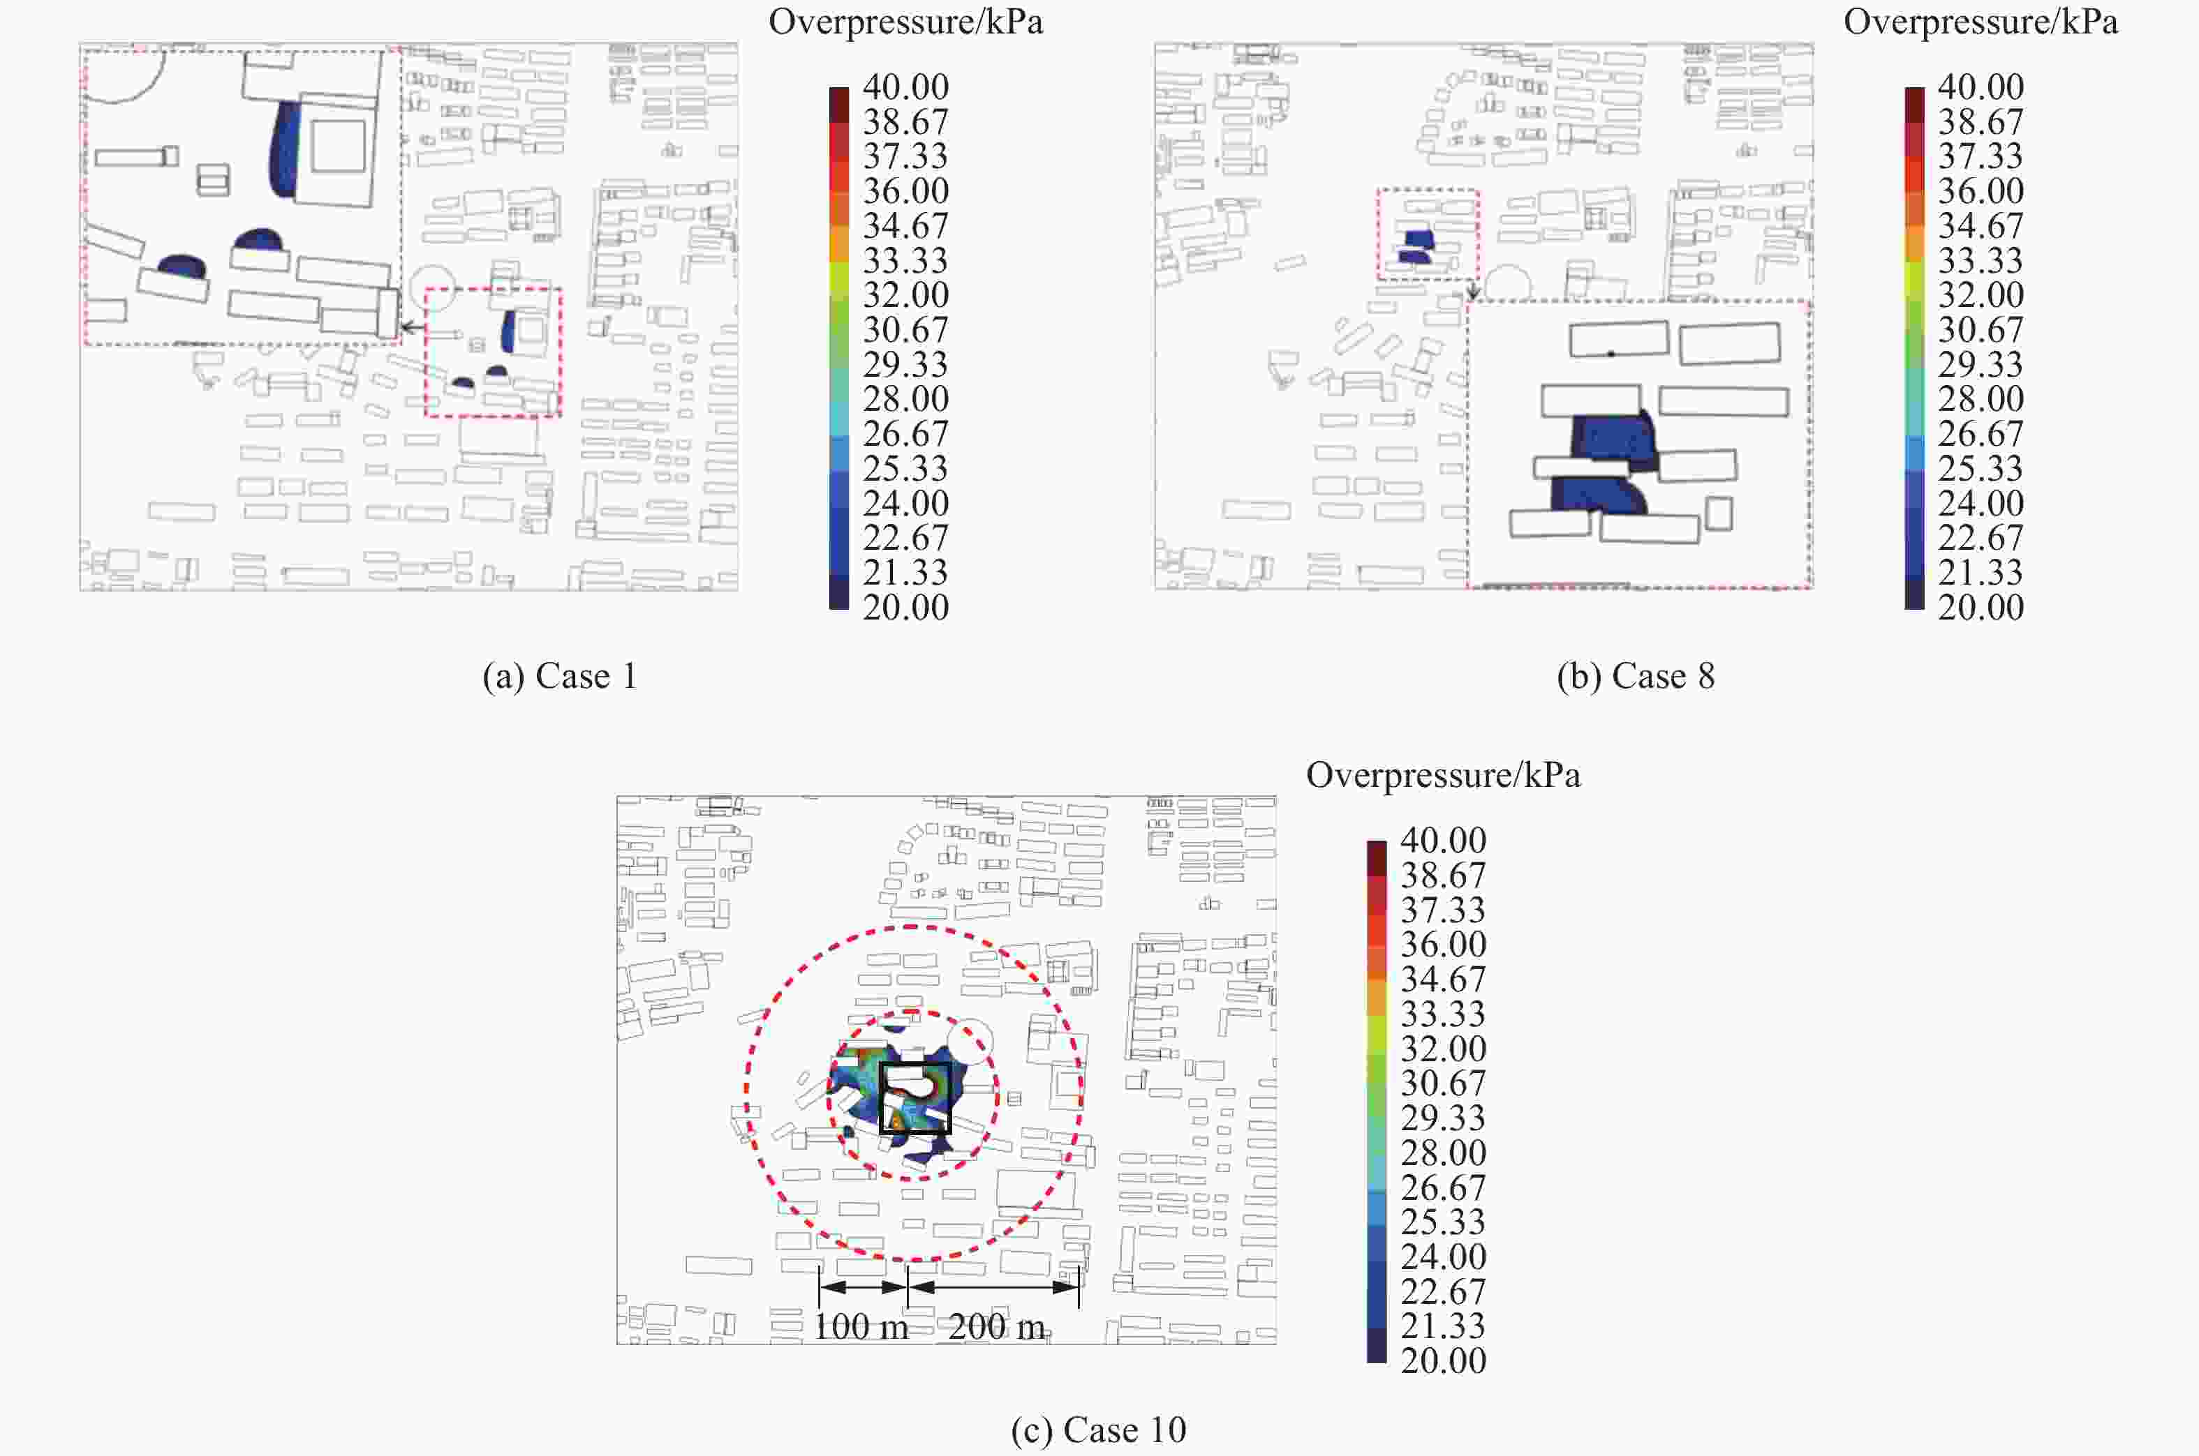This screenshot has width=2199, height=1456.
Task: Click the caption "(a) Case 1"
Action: point(560,676)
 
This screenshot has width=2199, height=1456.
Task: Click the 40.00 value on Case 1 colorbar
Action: point(906,87)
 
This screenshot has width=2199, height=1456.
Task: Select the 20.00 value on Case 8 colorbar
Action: point(1980,607)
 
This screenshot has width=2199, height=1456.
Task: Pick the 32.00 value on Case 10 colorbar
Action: point(1444,1049)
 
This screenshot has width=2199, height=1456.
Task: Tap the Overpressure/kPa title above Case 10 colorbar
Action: point(1444,775)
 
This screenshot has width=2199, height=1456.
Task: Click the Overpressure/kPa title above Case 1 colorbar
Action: point(906,22)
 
